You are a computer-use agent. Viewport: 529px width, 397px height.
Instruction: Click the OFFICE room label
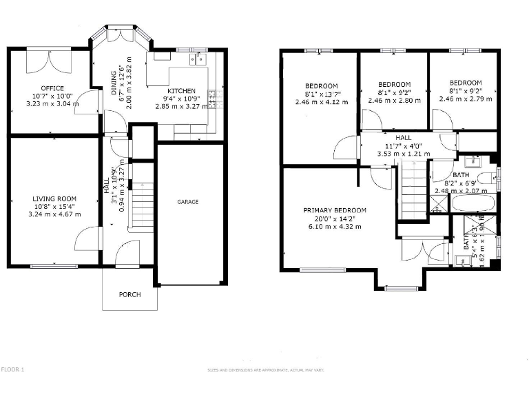tap(52, 88)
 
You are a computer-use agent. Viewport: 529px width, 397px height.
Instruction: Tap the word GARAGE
tap(188, 202)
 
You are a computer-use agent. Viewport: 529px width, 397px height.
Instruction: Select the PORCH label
tap(129, 294)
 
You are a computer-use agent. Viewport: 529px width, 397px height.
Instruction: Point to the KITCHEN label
tap(181, 91)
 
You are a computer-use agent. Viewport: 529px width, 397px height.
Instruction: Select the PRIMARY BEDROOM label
tap(335, 210)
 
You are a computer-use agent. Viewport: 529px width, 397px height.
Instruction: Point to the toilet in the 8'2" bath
tap(485, 180)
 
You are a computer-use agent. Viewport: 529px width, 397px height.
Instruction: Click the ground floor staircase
tap(142, 207)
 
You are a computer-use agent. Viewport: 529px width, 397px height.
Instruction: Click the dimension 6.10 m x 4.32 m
tap(335, 226)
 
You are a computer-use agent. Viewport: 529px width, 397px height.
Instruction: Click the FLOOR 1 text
tap(12, 369)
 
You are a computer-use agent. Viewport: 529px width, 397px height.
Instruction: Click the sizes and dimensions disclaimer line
tap(264, 370)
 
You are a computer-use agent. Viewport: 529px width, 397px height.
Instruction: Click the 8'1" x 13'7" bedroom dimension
tap(323, 93)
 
